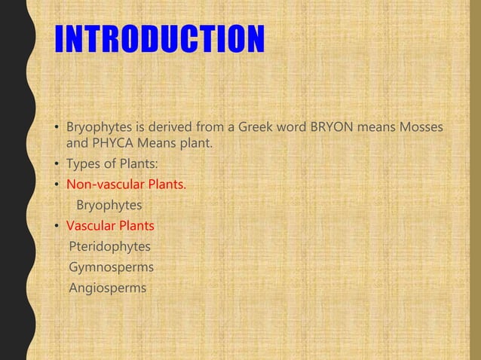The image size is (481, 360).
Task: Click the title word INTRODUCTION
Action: [159, 41]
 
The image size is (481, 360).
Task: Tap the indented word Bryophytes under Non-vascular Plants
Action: [109, 205]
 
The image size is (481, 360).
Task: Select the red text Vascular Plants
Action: [110, 225]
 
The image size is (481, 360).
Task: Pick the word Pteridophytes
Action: [109, 246]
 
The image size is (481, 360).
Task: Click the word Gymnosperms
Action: [111, 267]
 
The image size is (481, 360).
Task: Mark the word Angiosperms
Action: [108, 287]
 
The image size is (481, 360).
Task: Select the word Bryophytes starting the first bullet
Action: [100, 124]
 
